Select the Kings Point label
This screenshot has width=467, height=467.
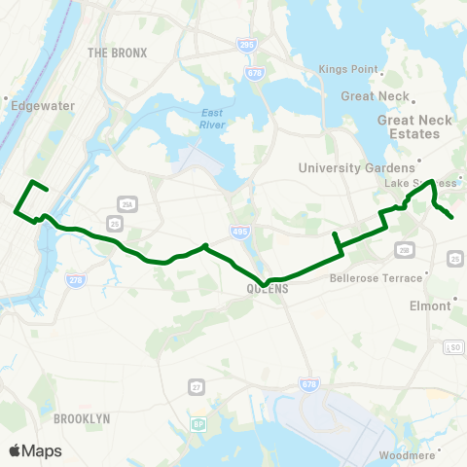click(346, 69)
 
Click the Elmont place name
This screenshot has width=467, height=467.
click(430, 305)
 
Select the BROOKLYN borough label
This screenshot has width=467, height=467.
click(82, 417)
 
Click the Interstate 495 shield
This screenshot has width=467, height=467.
click(240, 231)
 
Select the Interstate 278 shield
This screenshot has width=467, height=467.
click(75, 280)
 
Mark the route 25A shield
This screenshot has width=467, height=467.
click(126, 203)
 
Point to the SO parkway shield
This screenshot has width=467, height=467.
click(452, 347)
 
